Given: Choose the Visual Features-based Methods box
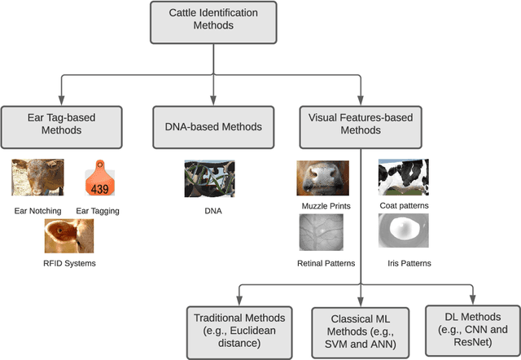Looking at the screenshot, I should point(360,125).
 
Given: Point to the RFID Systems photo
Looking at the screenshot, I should point(69,235).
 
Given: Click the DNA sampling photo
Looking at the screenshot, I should point(209,178).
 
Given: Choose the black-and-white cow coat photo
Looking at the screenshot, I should point(403,176).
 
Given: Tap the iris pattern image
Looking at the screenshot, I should point(403,230).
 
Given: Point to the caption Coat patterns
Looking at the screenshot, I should point(405,205).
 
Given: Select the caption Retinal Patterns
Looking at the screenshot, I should point(325,263).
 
